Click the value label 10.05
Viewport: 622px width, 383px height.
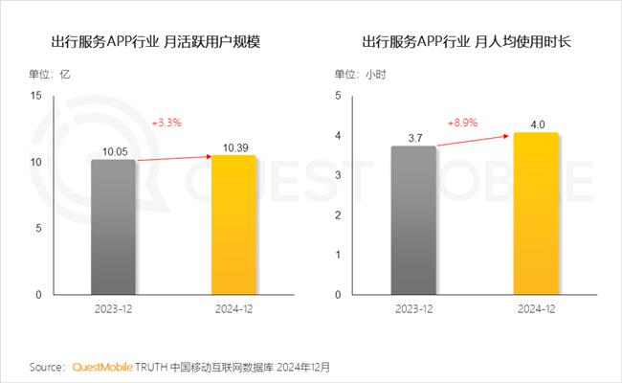click(x=115, y=151)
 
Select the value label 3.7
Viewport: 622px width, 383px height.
click(x=414, y=139)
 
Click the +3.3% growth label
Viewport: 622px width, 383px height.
click(x=167, y=124)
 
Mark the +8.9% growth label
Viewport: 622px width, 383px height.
click(x=463, y=123)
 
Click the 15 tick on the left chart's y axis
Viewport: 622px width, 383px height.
click(x=36, y=96)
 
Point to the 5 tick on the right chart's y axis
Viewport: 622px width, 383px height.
click(x=338, y=96)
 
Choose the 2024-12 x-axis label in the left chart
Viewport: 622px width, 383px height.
click(x=233, y=310)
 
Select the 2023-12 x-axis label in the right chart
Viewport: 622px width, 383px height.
click(x=414, y=310)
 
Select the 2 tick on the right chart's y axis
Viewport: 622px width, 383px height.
click(x=338, y=215)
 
